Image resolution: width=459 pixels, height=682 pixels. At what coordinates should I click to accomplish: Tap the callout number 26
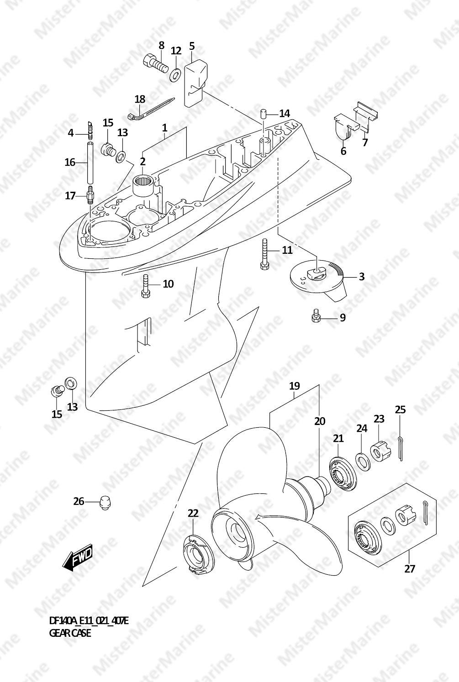pyautogui.click(x=79, y=501)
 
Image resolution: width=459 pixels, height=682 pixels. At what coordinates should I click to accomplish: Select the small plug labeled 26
pyautogui.click(x=105, y=503)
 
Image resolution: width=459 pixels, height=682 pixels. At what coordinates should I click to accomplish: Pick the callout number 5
pyautogui.click(x=191, y=46)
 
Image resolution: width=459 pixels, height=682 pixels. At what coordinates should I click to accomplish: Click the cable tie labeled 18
pyautogui.click(x=151, y=109)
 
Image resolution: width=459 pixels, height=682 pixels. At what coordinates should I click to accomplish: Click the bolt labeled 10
pyautogui.click(x=146, y=285)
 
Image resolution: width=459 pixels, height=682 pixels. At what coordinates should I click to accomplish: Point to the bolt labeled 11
pyautogui.click(x=264, y=254)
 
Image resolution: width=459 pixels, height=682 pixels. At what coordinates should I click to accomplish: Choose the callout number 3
pyautogui.click(x=362, y=277)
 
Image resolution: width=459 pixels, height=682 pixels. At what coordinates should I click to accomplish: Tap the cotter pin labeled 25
pyautogui.click(x=401, y=448)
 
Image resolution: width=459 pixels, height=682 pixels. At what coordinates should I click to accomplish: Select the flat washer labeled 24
pyautogui.click(x=363, y=461)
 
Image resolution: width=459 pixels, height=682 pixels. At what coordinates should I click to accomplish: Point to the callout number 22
pyautogui.click(x=193, y=513)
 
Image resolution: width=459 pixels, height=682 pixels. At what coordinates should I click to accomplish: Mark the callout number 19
pyautogui.click(x=295, y=386)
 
